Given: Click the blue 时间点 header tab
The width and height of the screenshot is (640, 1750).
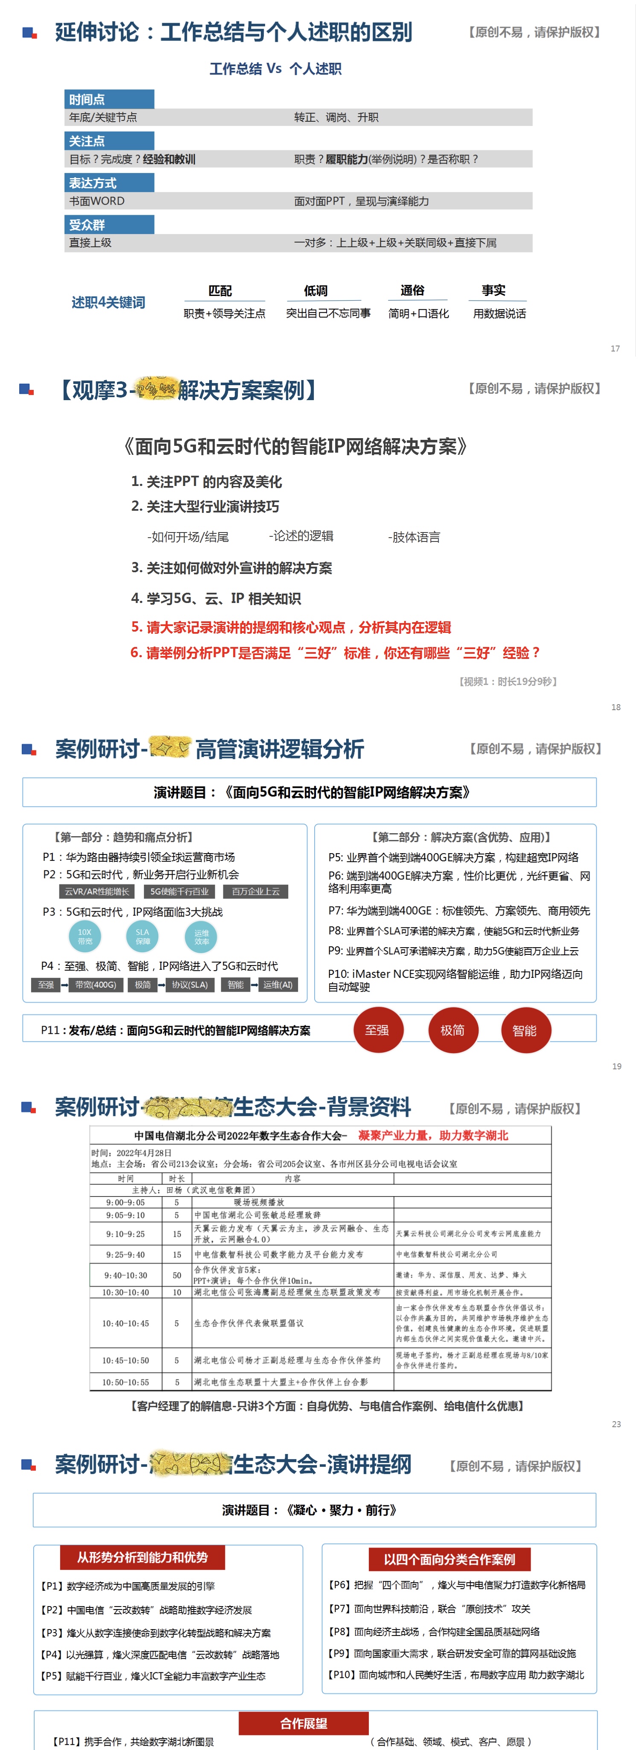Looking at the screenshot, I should [x=109, y=99].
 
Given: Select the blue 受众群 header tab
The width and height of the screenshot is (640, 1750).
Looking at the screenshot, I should [x=109, y=225].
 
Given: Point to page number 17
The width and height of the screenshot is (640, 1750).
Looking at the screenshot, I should [x=615, y=348].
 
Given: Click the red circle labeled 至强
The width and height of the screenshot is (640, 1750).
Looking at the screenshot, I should [x=378, y=1030].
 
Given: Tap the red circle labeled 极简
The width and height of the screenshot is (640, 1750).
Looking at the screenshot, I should [x=453, y=1030].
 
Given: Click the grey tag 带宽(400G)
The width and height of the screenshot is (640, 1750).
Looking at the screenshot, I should [x=96, y=984].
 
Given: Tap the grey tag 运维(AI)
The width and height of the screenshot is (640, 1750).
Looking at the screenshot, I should [x=278, y=984].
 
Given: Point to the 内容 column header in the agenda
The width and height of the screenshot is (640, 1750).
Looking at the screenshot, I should [x=293, y=1179].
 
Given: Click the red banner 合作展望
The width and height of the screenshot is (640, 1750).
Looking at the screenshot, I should [x=304, y=1723].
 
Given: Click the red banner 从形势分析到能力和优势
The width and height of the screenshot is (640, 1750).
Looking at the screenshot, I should [x=142, y=1557].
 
